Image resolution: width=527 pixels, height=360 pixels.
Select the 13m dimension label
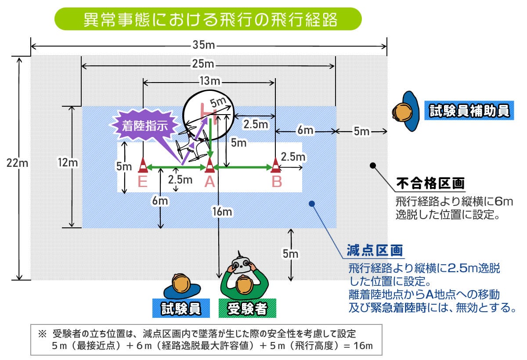click(x=209, y=81)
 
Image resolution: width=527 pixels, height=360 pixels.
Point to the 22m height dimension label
click(x=18, y=163)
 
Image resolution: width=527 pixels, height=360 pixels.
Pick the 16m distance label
click(x=222, y=212)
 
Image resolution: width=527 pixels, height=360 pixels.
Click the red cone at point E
click(x=143, y=165)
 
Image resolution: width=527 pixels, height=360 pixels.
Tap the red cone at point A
click(x=210, y=165)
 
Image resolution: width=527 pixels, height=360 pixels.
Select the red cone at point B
click(x=276, y=165)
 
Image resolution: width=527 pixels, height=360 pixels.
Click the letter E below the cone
click(x=143, y=181)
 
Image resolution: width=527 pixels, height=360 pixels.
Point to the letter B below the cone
click(x=276, y=181)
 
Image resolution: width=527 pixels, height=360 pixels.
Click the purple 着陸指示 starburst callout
click(x=145, y=125)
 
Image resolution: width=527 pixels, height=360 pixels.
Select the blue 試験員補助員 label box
click(x=468, y=111)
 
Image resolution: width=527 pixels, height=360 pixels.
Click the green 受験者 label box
click(x=247, y=309)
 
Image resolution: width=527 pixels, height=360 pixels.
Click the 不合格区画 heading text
click(x=430, y=183)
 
